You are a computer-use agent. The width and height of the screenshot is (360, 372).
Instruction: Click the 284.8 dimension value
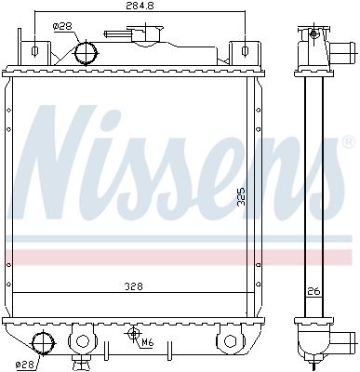[140, 7]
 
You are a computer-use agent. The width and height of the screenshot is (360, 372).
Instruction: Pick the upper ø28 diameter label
[62, 27]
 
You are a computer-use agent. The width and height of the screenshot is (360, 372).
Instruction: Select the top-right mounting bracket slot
[245, 49]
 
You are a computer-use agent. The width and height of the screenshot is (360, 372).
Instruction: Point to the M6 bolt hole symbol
[134, 333]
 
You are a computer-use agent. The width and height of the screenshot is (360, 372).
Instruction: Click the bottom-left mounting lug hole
[80, 339]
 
